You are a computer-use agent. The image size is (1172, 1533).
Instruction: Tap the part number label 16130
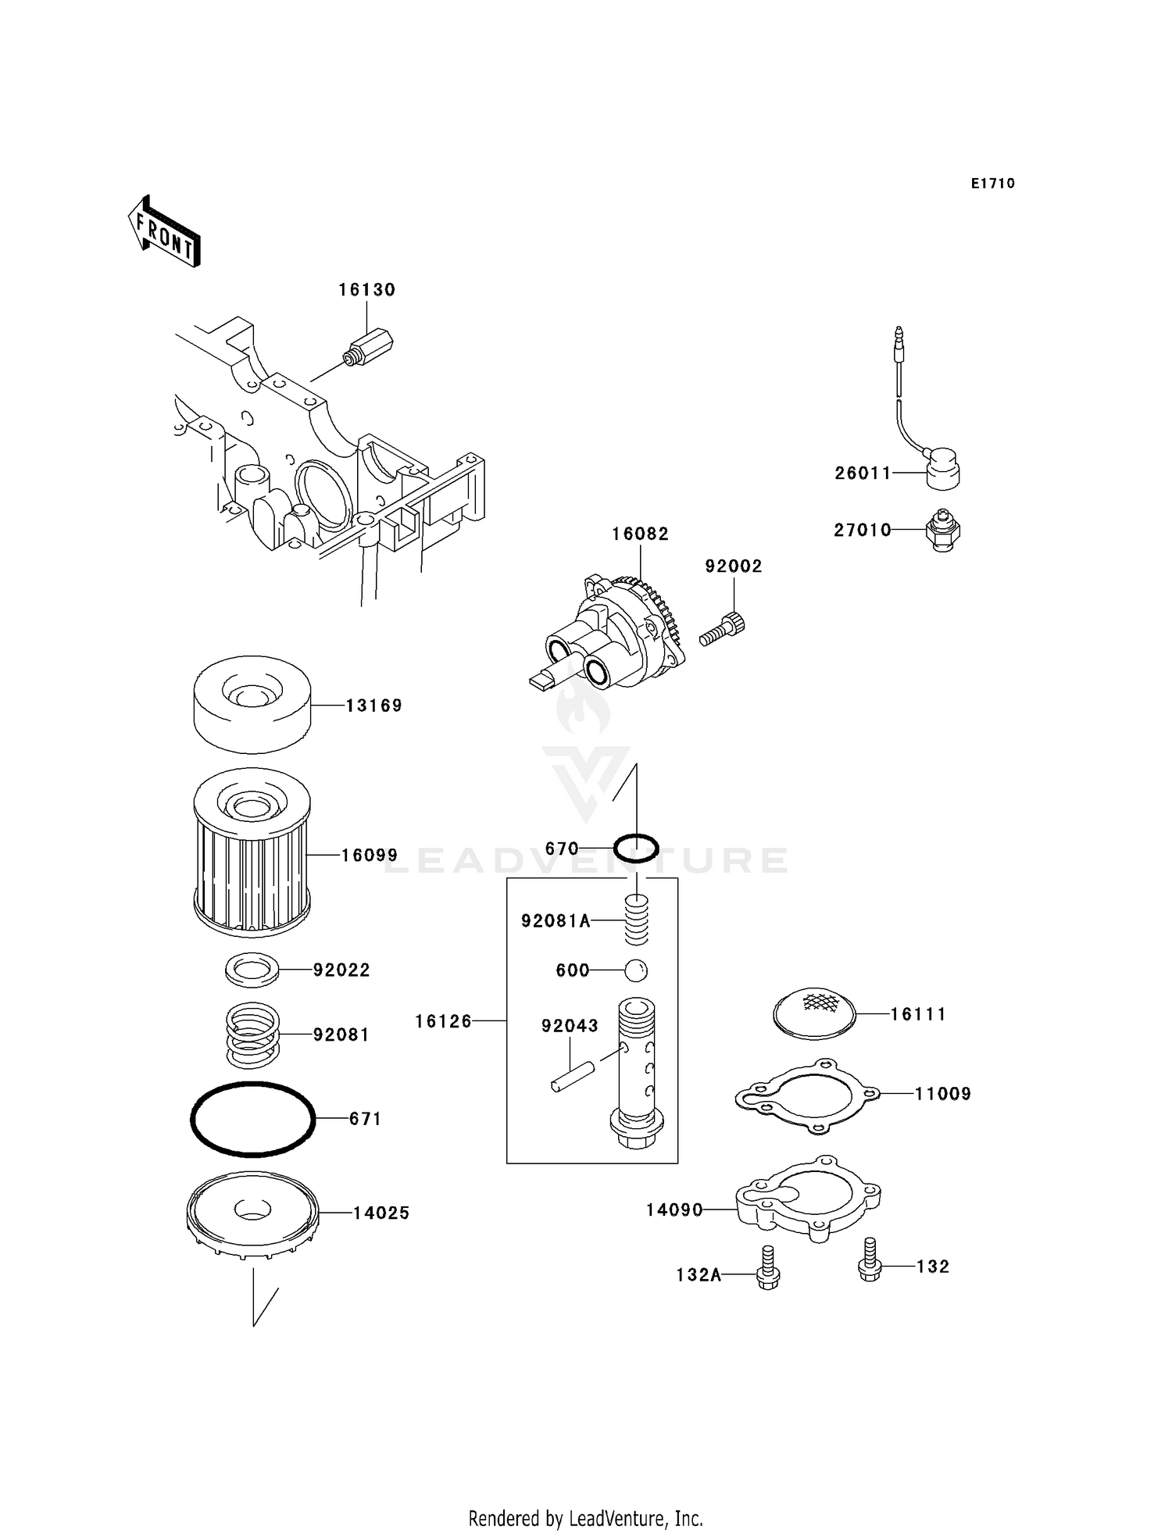pyautogui.click(x=366, y=290)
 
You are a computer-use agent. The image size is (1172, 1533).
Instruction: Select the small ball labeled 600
pyautogui.click(x=636, y=970)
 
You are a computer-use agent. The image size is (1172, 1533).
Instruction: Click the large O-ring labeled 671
pyautogui.click(x=252, y=1120)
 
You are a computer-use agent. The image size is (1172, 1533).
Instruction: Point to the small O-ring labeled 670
pyautogui.click(x=635, y=849)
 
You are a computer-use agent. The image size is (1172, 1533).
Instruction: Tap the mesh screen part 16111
pyautogui.click(x=814, y=1013)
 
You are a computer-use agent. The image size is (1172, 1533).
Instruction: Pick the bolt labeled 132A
pyautogui.click(x=768, y=1269)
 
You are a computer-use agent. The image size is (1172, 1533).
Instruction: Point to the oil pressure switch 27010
pyautogui.click(x=942, y=531)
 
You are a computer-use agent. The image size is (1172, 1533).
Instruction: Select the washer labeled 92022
pyautogui.click(x=252, y=970)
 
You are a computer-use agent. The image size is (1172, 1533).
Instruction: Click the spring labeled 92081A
pyautogui.click(x=636, y=920)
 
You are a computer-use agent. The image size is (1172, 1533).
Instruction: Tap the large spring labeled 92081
pyautogui.click(x=252, y=1035)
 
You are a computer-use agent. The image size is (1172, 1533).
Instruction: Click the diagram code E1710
pyautogui.click(x=992, y=184)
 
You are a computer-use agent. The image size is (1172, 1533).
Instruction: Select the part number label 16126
pyautogui.click(x=443, y=1021)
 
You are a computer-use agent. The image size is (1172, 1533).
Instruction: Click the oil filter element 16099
pyautogui.click(x=252, y=853)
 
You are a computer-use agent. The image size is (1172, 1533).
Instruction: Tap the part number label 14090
pyautogui.click(x=674, y=1210)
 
